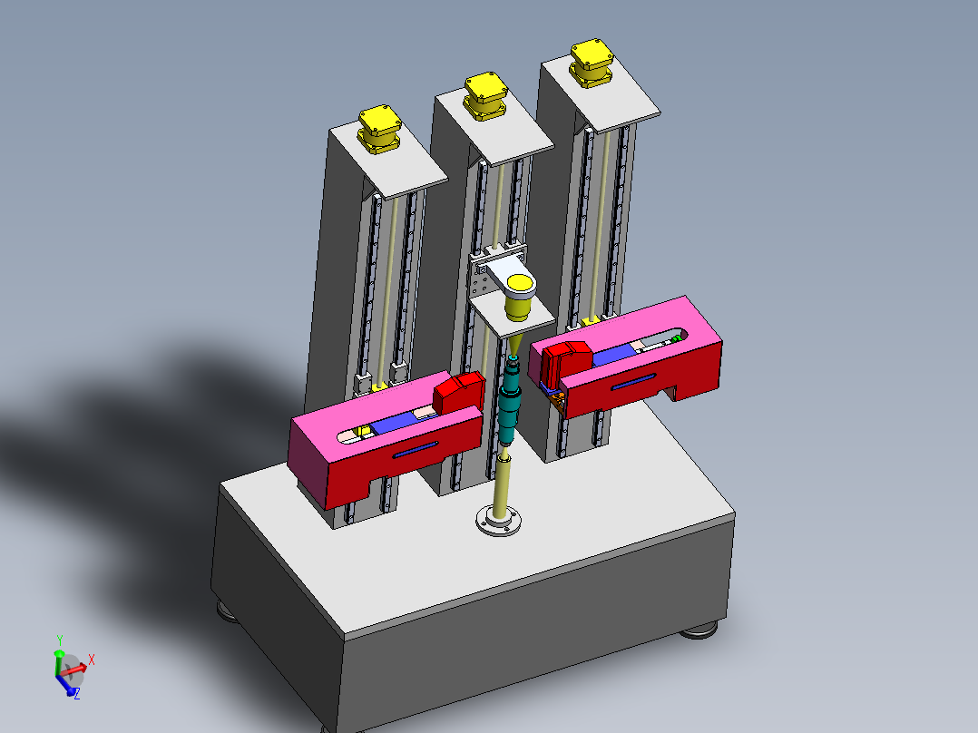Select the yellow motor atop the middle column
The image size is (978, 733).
pyautogui.click(x=485, y=96)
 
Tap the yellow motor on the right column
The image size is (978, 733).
pyautogui.click(x=592, y=62)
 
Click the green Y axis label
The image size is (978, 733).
pyautogui.click(x=59, y=640)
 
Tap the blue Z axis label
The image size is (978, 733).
pyautogui.click(x=76, y=693)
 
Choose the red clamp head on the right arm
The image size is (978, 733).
pyautogui.click(x=563, y=361)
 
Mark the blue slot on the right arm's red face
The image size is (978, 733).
pyautogui.click(x=635, y=382)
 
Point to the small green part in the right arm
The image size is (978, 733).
pyautogui.click(x=676, y=338)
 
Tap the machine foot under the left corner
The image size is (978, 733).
pyautogui.click(x=228, y=611)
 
